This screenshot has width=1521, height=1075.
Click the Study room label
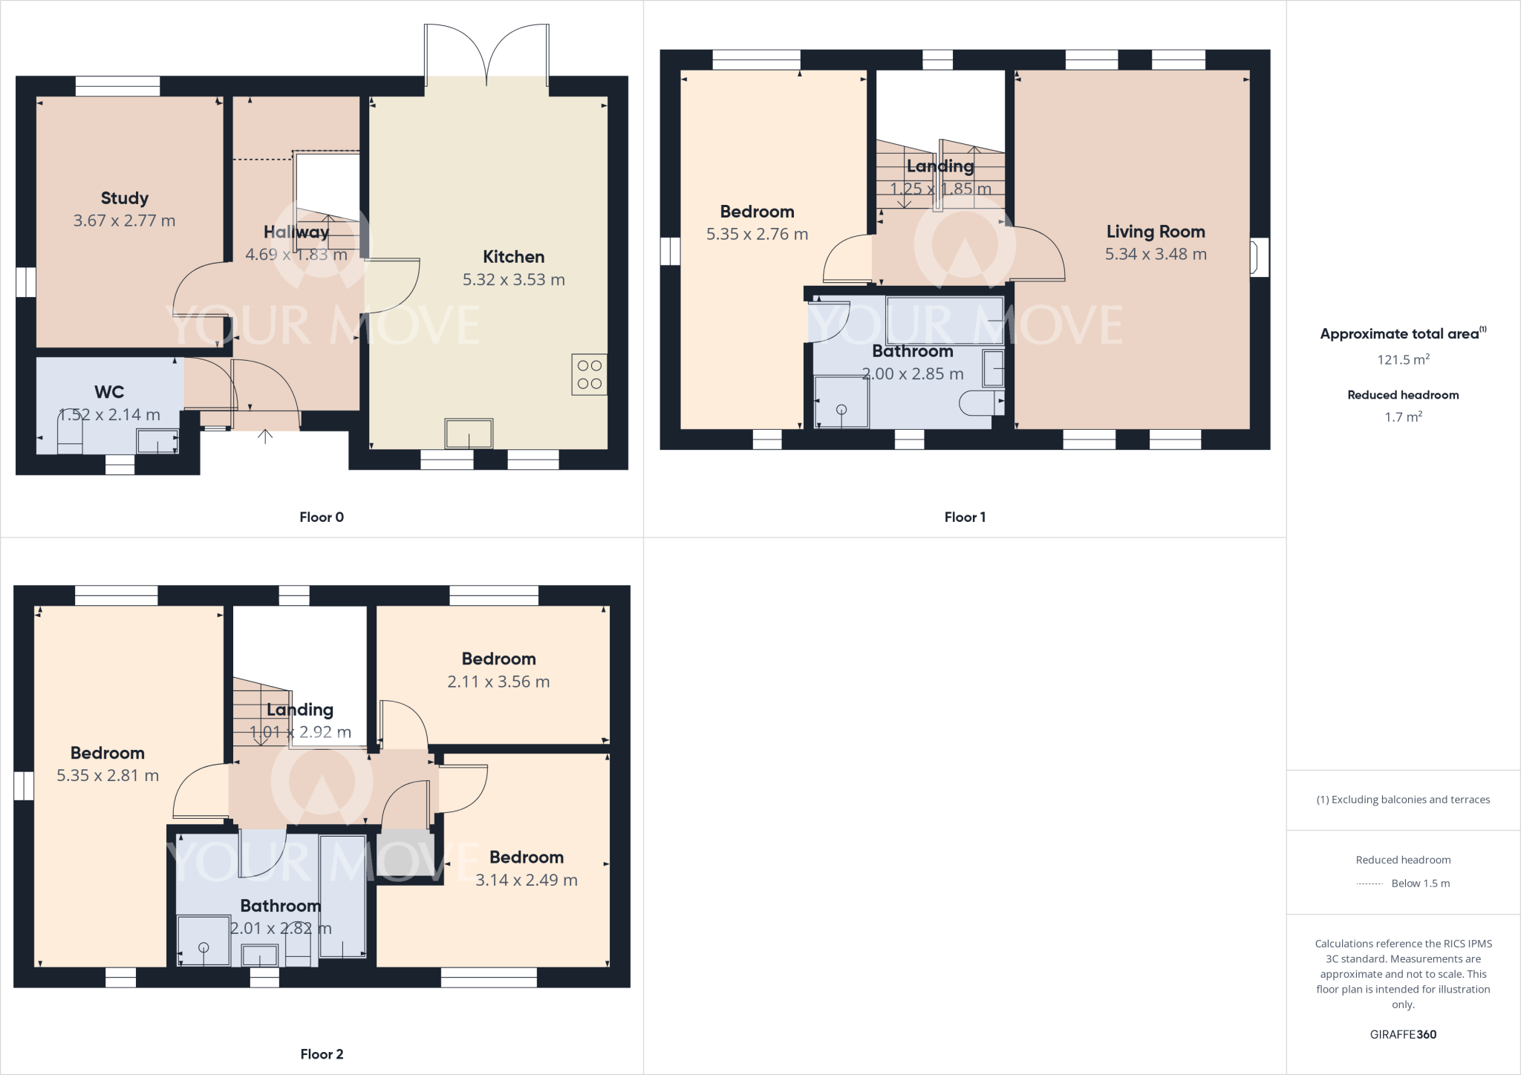coord(125,198)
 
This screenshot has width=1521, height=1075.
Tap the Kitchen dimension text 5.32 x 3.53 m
coord(514,280)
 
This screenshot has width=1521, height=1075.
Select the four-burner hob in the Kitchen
coord(590,374)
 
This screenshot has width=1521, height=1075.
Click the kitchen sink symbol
coord(469,434)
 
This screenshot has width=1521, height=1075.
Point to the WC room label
coord(109,392)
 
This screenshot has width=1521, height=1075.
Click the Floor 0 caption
coord(322,517)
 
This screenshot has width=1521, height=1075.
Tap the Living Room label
coord(1156,232)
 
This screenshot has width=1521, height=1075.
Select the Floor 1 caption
coord(965,517)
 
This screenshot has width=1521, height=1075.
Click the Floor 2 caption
coord(322,1054)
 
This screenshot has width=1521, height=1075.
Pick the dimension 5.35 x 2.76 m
coord(757,235)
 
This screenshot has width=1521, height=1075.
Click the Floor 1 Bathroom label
coord(913,351)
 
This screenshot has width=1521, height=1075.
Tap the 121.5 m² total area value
coord(1403,359)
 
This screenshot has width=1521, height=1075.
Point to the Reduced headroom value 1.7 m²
coord(1403,417)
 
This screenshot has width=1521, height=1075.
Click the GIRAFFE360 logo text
coord(1403,1035)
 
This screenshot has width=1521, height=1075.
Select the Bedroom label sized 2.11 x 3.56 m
coord(498,659)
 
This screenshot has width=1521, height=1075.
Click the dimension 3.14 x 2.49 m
coord(527,880)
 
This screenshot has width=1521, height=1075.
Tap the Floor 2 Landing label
coord(300,710)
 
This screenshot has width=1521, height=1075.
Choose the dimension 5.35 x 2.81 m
coord(108,776)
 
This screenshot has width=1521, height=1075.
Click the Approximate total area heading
coord(1403,333)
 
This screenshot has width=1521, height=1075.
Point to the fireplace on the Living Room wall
coord(1260,257)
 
